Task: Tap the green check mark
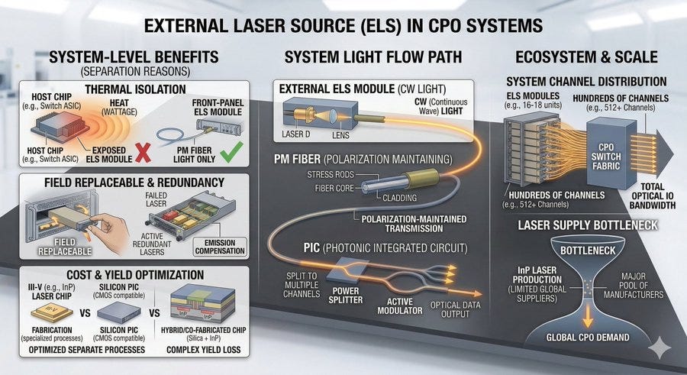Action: click(231, 151)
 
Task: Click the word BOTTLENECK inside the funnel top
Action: click(588, 251)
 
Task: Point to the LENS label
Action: click(340, 135)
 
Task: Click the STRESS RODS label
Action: click(331, 175)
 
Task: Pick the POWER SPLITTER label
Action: click(346, 295)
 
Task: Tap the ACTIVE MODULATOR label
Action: click(399, 306)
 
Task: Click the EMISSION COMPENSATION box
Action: click(220, 247)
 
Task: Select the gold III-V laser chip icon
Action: click(52, 312)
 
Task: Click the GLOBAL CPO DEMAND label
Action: click(587, 338)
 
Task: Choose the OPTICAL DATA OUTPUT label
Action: click(455, 309)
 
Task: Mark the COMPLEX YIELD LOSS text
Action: click(203, 350)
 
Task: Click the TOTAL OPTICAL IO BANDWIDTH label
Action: click(653, 196)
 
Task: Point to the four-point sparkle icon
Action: click(660, 348)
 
